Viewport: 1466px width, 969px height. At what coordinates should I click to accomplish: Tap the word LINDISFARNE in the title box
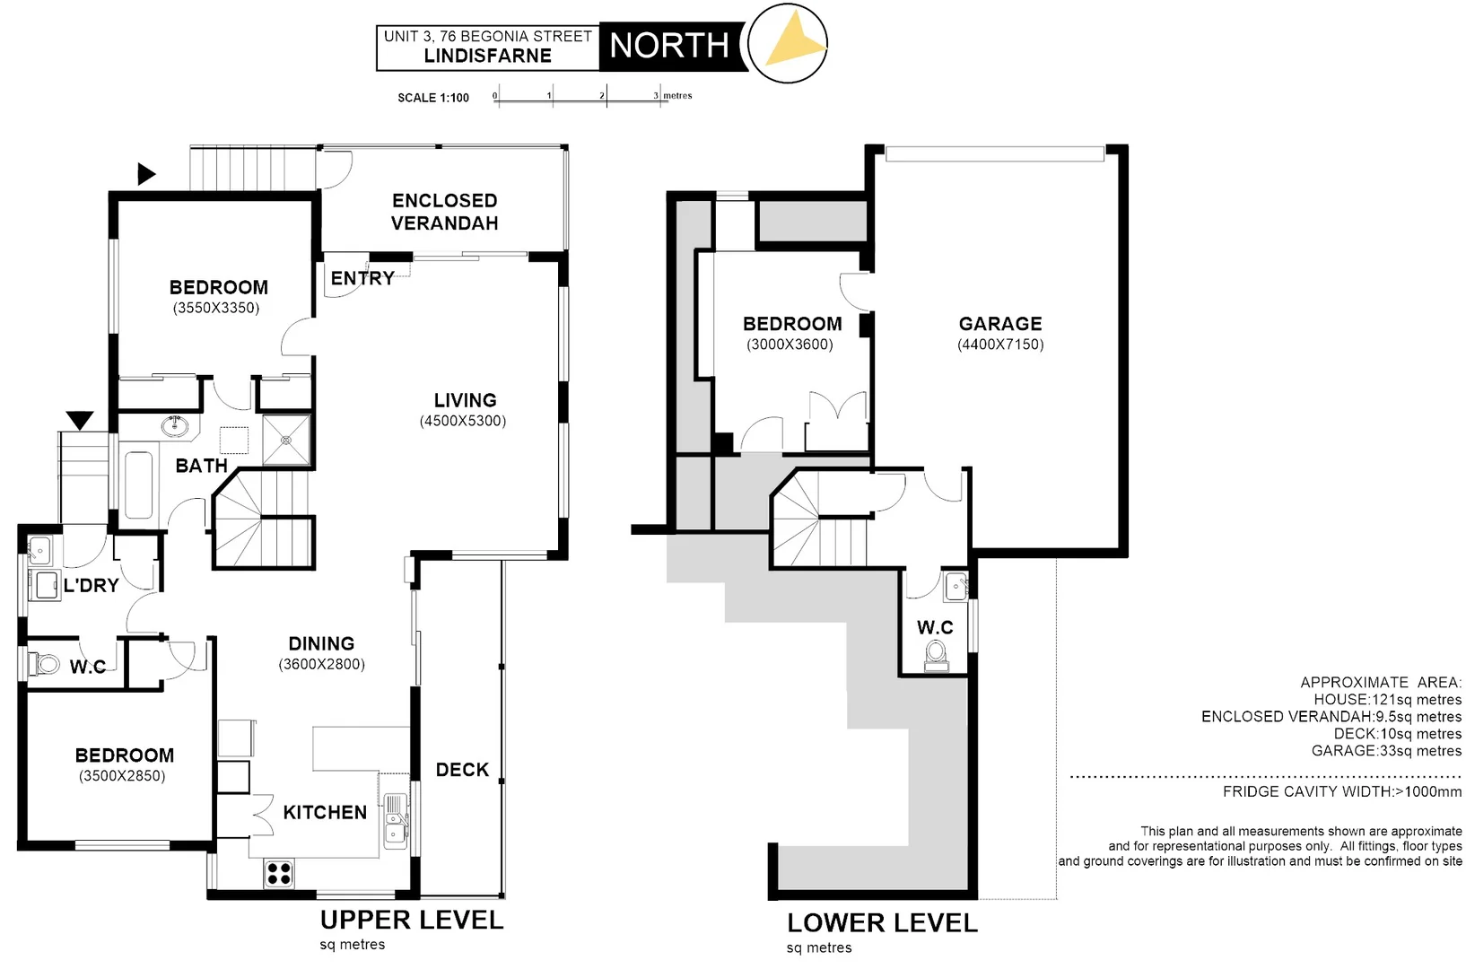pos(487,56)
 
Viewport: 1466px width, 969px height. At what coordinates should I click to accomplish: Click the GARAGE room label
pos(1000,324)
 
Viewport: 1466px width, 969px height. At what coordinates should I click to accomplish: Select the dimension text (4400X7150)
pos(1000,345)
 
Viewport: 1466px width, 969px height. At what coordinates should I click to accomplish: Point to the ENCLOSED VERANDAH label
pos(444,212)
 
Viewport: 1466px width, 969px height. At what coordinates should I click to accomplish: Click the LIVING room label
pos(465,400)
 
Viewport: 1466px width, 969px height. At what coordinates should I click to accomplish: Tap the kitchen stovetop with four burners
pos(279,873)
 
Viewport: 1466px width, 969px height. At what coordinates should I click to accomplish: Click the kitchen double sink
pos(395,821)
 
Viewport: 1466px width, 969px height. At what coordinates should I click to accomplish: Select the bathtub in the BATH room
pos(138,484)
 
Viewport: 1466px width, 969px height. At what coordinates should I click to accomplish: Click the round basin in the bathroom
pos(176,425)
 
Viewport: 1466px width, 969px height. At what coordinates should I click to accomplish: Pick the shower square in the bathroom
pos(286,440)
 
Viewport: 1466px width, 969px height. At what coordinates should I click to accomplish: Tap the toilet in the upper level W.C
pos(40,665)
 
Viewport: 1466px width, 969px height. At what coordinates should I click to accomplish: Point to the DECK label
pos(462,770)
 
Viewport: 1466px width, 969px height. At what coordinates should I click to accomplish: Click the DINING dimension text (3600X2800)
pos(321,665)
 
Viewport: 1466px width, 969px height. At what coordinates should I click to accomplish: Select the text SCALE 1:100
pos(433,98)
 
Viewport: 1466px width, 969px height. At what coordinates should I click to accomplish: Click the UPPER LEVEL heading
pos(412,920)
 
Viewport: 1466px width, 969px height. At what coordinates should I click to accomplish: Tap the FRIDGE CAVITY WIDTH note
pos(1341,791)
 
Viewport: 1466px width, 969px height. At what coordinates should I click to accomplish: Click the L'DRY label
pos(91,586)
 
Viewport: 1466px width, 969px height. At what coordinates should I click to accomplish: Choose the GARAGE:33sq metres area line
pos(1386,751)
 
